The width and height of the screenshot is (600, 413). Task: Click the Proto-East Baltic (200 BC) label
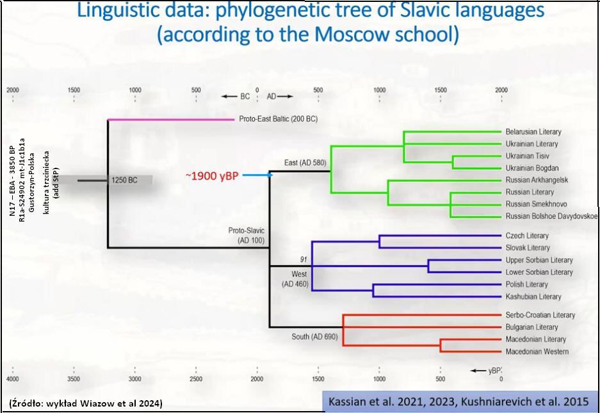[278, 119]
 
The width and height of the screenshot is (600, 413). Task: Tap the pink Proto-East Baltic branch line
[171, 120]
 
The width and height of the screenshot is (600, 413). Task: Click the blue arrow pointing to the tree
[257, 175]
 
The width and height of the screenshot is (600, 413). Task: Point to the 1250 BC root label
[124, 180]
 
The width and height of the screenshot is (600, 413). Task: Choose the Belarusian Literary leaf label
[533, 132]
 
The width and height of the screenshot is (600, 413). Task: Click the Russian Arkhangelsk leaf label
[537, 180]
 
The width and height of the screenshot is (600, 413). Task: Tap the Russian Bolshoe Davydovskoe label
[551, 216]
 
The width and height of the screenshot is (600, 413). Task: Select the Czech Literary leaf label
[527, 236]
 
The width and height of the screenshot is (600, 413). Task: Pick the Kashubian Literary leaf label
[533, 296]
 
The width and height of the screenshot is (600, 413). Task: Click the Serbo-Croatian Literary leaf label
[540, 315]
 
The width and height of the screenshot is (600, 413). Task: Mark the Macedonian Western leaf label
[537, 352]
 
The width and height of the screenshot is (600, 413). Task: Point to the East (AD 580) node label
[305, 163]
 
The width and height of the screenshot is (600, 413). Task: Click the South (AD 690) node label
[314, 336]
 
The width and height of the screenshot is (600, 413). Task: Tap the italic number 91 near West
[304, 259]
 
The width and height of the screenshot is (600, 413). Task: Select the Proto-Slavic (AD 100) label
[247, 236]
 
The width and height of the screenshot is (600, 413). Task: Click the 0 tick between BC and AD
[257, 90]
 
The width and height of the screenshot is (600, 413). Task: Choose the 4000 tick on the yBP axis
[13, 378]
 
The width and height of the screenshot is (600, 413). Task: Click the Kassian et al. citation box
[458, 401]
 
